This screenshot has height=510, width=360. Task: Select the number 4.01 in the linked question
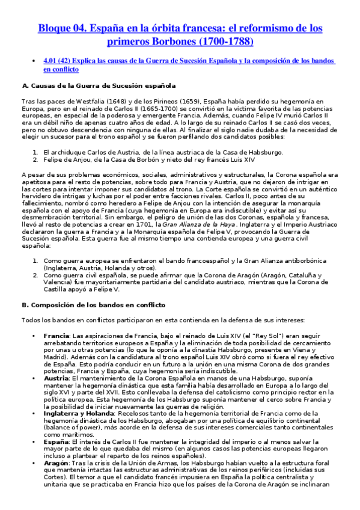tap(51, 61)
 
